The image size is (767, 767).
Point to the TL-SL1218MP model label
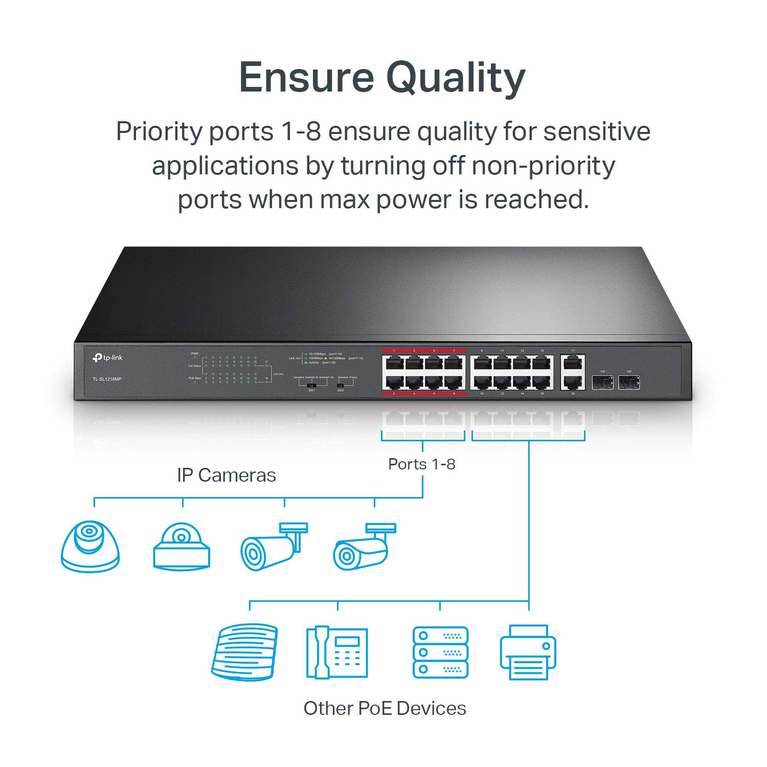click(x=107, y=379)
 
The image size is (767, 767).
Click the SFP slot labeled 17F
click(x=603, y=381)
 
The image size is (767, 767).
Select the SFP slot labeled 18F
click(x=628, y=381)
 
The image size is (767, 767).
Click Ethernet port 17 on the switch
click(x=573, y=364)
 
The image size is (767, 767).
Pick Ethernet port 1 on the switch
click(x=394, y=364)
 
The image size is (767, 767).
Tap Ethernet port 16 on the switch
click(x=542, y=382)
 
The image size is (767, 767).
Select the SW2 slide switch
click(x=341, y=384)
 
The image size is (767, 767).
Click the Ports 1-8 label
click(x=422, y=464)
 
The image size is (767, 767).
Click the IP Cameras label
click(x=227, y=476)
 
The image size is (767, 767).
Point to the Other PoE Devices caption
click(x=385, y=709)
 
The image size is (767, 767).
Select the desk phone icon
click(x=337, y=652)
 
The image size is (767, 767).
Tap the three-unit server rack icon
click(x=440, y=652)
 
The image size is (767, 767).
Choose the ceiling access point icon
click(x=244, y=652)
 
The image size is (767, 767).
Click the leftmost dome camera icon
click(x=91, y=546)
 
